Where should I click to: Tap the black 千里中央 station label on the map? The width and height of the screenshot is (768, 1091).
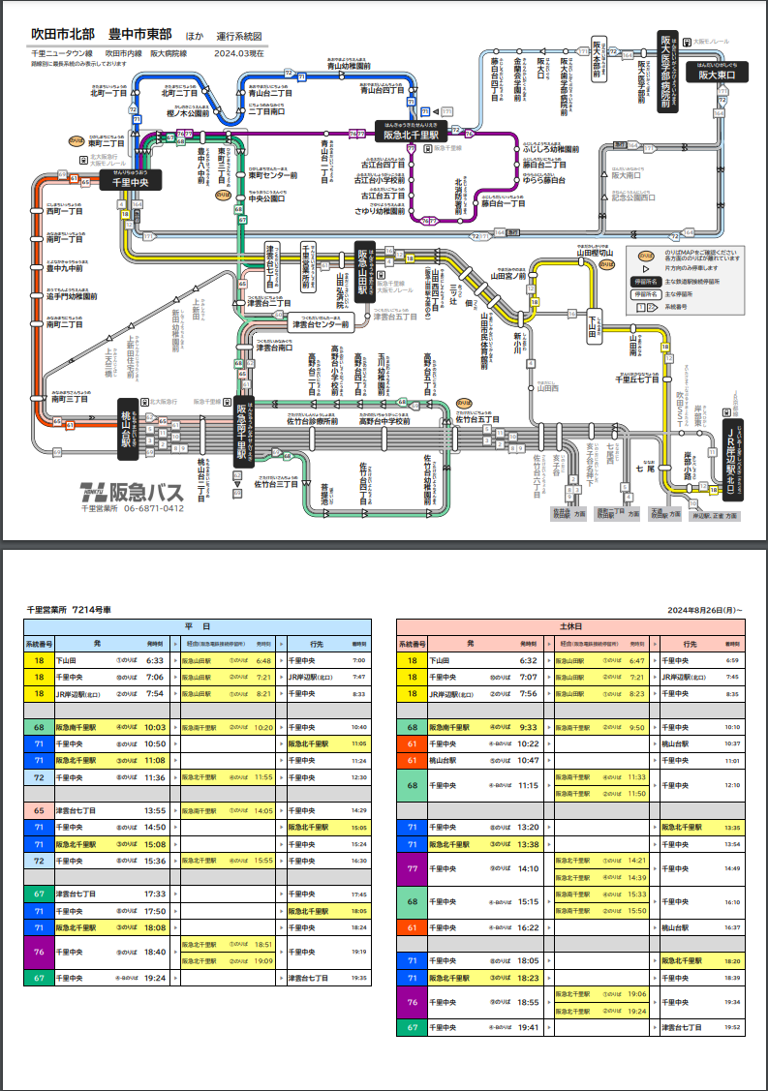tap(130, 181)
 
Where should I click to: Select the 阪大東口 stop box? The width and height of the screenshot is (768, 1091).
tap(718, 74)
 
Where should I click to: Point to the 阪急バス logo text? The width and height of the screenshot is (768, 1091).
tap(145, 492)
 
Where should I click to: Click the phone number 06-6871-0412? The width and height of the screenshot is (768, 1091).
tap(146, 508)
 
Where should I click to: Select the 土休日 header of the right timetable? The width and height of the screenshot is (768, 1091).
tap(570, 626)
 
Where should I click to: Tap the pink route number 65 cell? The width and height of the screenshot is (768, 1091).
tap(39, 809)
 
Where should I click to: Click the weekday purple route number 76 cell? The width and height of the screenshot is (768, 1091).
tap(39, 952)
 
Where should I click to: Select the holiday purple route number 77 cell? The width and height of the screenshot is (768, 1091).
tap(412, 868)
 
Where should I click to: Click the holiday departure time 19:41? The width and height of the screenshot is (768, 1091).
tap(529, 1027)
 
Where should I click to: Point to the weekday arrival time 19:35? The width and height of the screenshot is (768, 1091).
tap(359, 979)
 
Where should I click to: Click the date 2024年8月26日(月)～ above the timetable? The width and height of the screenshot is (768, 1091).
tap(705, 611)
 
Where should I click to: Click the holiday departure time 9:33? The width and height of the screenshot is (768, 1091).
tap(529, 726)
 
